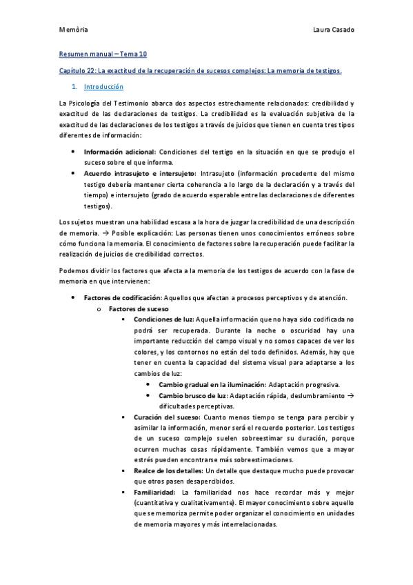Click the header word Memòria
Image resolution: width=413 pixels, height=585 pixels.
73,30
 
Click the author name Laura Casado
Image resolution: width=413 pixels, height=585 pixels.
333,30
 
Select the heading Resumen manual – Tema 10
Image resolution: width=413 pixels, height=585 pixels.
103,54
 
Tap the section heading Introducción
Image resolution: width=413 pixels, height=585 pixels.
103,87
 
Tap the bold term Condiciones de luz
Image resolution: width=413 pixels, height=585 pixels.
164,319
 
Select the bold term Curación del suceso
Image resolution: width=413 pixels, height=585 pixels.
167,417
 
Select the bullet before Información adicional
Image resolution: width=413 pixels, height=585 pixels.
74,152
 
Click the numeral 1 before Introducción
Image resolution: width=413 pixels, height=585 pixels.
74,87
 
